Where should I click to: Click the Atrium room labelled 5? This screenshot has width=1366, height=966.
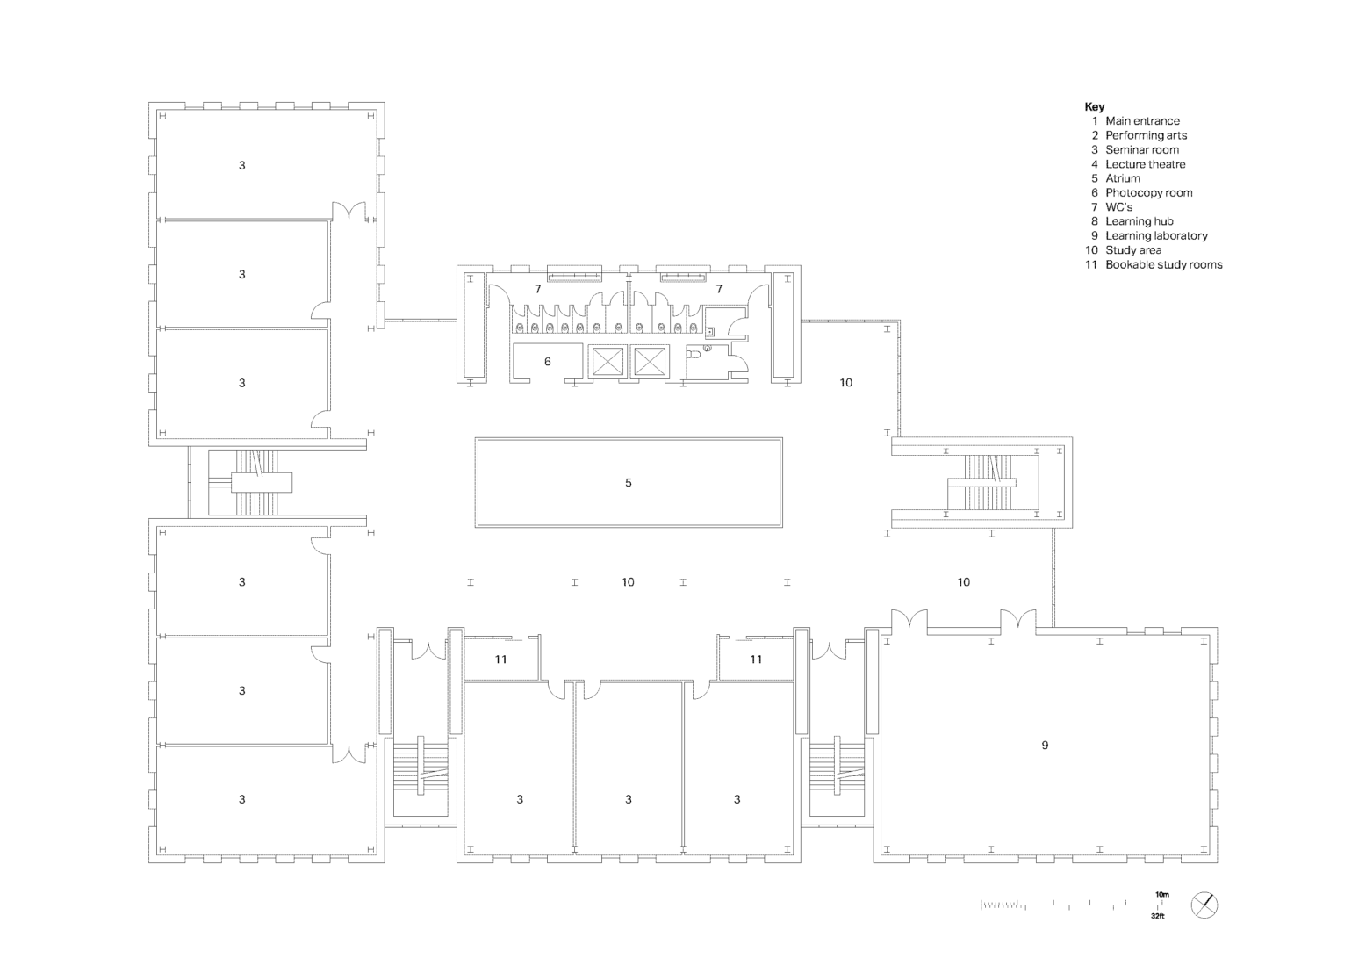[628, 482]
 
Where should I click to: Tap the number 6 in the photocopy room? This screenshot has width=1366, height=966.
[548, 362]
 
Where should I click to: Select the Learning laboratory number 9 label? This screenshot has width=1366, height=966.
[1045, 745]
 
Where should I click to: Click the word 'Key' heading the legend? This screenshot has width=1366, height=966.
[1095, 107]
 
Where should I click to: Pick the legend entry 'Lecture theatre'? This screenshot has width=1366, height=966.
[1146, 164]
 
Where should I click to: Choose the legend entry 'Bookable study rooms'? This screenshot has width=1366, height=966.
[1163, 264]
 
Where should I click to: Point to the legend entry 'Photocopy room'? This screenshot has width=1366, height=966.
[1149, 192]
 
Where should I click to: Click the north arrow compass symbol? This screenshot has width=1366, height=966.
[1204, 905]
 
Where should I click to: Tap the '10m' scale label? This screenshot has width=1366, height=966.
[1161, 895]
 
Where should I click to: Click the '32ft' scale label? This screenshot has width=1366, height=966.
[1157, 916]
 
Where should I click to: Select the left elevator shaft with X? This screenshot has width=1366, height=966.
[607, 362]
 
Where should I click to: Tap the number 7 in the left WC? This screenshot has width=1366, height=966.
[538, 289]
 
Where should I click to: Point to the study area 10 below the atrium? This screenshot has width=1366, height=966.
[628, 582]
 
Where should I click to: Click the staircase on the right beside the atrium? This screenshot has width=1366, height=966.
[981, 482]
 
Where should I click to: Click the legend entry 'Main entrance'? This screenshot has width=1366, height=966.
[1142, 121]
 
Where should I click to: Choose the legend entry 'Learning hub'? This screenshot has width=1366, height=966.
[1140, 221]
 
